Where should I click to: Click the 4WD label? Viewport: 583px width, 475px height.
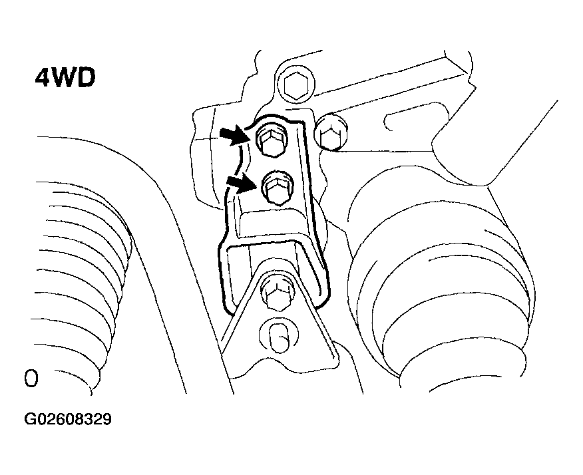65,78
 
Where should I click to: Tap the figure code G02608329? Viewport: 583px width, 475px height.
68,419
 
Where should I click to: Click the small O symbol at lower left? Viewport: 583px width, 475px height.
31,379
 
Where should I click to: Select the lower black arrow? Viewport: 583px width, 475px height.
242,183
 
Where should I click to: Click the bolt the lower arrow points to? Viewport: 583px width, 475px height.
277,188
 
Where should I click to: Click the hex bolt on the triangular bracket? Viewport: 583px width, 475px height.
278,292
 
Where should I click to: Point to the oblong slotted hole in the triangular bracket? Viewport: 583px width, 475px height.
278,335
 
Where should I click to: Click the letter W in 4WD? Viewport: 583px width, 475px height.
65,78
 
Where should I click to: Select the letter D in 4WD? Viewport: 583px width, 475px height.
87,78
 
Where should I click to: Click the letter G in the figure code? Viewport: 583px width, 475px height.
29,419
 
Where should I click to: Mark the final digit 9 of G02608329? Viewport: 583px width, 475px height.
106,419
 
